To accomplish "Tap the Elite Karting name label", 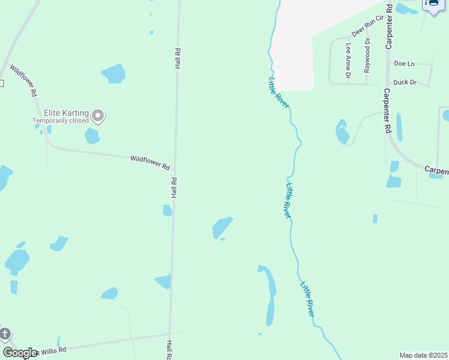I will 66,113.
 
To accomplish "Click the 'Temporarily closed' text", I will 60,121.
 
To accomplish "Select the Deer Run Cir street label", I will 367,27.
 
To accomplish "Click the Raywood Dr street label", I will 367,55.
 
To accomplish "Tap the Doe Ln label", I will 404,63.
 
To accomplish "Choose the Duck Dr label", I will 405,82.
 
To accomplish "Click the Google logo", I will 20,353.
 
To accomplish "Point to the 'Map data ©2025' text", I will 423,355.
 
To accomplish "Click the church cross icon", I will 4,334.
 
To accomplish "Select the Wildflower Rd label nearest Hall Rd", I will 150,161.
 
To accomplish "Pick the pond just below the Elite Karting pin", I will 92,136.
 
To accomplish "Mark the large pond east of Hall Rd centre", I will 221,227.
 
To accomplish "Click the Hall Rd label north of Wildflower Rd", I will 178,58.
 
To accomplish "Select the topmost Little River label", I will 279,92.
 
